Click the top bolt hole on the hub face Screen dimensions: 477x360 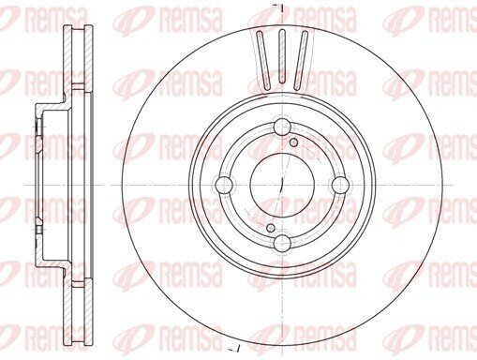coord(282,127)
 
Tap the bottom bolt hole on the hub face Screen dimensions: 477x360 coord(282,243)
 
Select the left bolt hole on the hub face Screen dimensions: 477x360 coord(224,185)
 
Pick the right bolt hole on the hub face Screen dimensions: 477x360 coord(340,185)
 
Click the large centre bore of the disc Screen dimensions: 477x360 coord(282,185)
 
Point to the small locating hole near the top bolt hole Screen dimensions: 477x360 coord(294,142)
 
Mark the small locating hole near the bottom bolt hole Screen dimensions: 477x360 coord(271,228)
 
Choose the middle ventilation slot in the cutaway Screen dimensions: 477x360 coord(282,56)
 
